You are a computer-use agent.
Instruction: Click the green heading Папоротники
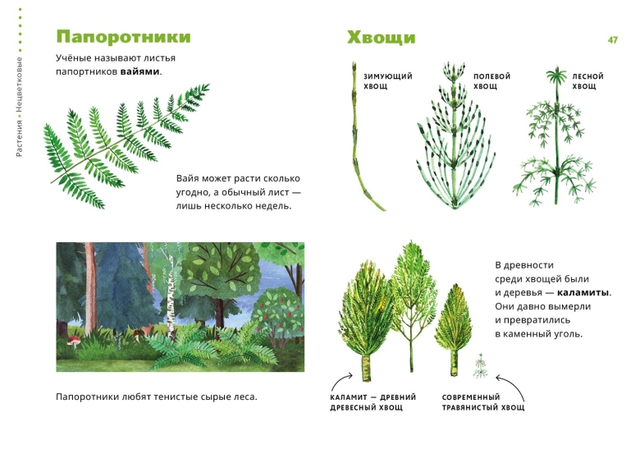click(x=123, y=38)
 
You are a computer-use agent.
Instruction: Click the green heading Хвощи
click(x=381, y=38)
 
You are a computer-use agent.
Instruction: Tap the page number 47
click(x=612, y=39)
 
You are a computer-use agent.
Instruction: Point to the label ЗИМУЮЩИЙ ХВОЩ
click(x=388, y=81)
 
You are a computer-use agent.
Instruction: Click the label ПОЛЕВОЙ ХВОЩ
click(x=491, y=81)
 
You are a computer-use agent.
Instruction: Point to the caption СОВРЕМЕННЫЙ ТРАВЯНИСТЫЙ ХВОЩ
click(x=482, y=402)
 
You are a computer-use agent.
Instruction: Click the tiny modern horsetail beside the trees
click(x=481, y=365)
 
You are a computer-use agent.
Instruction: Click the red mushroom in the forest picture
click(x=71, y=339)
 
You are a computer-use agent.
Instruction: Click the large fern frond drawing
click(x=123, y=140)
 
